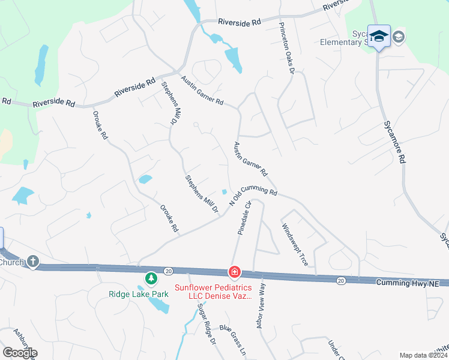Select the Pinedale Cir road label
tap(244, 217)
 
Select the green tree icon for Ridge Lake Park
tap(151, 278)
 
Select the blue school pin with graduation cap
tap(379, 36)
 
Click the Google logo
tap(19, 352)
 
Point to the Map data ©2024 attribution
tap(423, 355)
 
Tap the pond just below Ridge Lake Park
tap(158, 305)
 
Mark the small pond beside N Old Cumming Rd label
tap(224, 192)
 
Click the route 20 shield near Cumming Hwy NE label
tap(341, 280)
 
